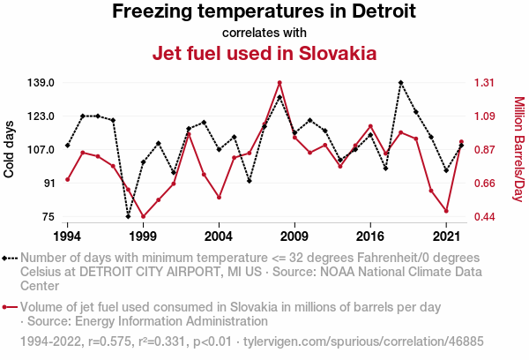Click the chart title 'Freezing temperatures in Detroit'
(264, 12)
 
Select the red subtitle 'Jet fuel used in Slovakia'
(264, 53)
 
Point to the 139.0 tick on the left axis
(41, 83)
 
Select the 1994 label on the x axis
(67, 236)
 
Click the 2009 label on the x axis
(294, 236)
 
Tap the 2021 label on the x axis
(447, 236)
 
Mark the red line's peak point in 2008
(279, 83)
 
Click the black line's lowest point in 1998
(128, 216)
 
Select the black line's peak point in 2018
(401, 83)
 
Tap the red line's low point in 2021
(447, 211)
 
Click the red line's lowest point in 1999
(143, 216)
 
